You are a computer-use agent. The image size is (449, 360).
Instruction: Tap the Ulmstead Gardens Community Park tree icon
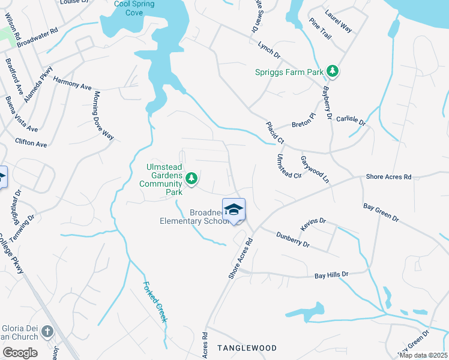click(191, 178)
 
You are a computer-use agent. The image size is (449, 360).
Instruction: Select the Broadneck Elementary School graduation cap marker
click(234, 209)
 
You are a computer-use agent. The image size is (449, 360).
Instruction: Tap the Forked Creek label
click(155, 302)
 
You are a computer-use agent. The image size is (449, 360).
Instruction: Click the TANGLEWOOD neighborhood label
click(247, 348)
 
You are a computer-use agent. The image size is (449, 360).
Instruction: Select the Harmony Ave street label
click(72, 83)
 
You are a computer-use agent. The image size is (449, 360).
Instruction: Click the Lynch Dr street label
click(269, 50)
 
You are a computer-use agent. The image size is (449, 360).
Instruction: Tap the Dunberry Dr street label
click(293, 241)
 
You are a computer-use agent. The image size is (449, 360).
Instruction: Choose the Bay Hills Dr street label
click(331, 275)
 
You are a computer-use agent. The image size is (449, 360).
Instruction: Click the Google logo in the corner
click(20, 353)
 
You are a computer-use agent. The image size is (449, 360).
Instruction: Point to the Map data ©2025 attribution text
click(423, 355)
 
